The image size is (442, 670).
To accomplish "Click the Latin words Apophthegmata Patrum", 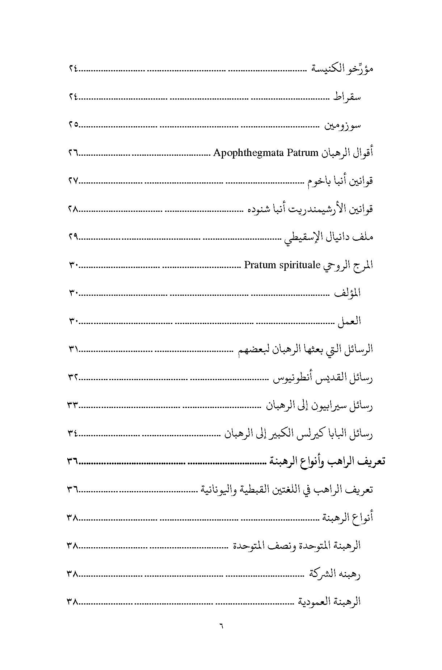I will [x=265, y=153].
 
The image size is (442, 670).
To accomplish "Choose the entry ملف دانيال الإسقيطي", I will [x=328, y=237].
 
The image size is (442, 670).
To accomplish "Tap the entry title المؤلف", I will [x=348, y=293].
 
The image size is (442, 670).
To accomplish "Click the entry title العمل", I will [x=349, y=321].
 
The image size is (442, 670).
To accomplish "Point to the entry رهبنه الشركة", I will [x=335, y=574].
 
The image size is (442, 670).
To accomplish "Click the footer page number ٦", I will [x=221, y=625].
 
